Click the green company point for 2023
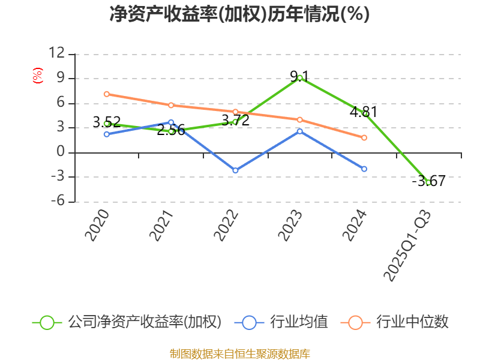point(299,77)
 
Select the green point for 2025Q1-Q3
point(428,182)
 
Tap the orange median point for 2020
point(106,94)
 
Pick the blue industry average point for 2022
point(235,170)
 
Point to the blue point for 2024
point(364,169)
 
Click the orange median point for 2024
point(364,137)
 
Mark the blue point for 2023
point(299,131)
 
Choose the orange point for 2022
point(235,112)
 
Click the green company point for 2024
point(364,113)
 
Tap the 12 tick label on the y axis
point(56,53)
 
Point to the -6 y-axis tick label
point(56,202)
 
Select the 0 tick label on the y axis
point(60,152)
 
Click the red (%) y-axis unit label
point(37,76)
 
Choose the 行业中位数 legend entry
point(395,322)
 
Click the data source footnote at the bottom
point(239,353)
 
